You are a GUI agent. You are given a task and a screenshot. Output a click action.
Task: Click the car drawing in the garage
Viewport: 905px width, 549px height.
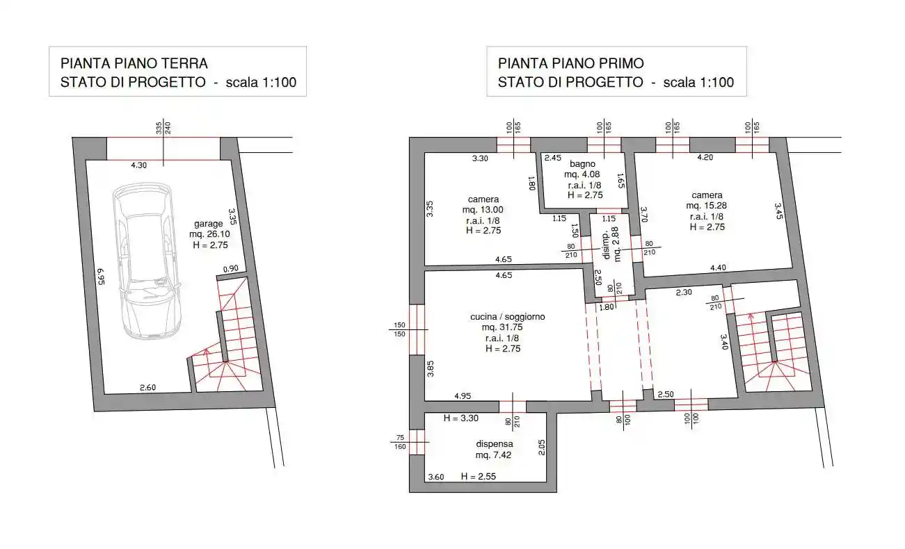pyautogui.click(x=147, y=261)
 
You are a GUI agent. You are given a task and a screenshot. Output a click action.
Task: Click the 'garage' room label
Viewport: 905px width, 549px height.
pyautogui.click(x=209, y=224)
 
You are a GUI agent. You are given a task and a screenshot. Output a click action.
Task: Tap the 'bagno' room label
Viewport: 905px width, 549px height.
pyautogui.click(x=582, y=164)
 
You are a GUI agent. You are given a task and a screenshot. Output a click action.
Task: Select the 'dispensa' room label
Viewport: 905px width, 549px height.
pyautogui.click(x=494, y=444)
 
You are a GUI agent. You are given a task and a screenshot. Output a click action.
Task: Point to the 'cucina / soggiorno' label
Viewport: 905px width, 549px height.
pyautogui.click(x=507, y=317)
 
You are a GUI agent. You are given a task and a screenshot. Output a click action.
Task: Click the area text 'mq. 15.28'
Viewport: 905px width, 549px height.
pyautogui.click(x=706, y=206)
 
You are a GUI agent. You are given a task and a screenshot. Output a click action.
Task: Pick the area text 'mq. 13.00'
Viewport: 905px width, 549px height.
pyautogui.click(x=483, y=210)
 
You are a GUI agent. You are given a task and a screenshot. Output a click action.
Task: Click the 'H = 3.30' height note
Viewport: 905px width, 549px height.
pyautogui.click(x=460, y=418)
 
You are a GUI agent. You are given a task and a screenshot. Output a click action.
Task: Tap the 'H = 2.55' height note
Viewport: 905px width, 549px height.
pyautogui.click(x=479, y=476)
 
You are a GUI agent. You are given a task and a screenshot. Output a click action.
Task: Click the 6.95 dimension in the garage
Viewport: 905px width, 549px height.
pyautogui.click(x=101, y=277)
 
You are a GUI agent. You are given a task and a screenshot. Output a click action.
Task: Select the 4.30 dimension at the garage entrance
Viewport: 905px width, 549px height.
pyautogui.click(x=138, y=165)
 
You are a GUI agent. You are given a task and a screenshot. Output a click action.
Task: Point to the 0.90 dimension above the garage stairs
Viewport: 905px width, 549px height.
pyautogui.click(x=231, y=269)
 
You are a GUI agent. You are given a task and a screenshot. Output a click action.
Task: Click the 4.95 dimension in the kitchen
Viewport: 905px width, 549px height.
pyautogui.click(x=463, y=396)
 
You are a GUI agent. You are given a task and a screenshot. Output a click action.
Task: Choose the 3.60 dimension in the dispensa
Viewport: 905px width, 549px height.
pyautogui.click(x=436, y=477)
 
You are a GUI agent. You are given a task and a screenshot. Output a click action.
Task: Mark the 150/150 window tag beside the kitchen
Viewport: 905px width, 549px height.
pyautogui.click(x=399, y=329)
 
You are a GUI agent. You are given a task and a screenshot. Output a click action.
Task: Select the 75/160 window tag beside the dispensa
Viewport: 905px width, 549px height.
pyautogui.click(x=400, y=442)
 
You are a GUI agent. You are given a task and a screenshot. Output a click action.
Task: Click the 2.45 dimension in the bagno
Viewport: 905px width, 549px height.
pyautogui.click(x=553, y=158)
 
